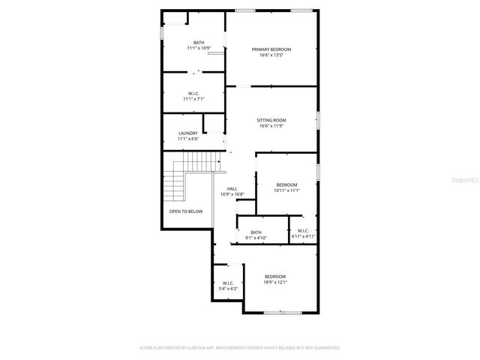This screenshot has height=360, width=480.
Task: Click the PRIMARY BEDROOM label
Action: [271, 49]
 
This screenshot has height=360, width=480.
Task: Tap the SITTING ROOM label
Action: [271, 120]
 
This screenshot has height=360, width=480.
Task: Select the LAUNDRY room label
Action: [187, 133]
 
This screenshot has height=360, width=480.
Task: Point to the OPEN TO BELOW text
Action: [185, 211]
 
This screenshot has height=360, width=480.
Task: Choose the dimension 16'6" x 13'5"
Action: [271, 55]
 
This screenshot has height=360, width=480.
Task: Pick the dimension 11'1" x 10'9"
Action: [199, 48]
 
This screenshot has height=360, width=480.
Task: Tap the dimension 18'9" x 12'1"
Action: [274, 282]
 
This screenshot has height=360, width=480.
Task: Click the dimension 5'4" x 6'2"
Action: [229, 288]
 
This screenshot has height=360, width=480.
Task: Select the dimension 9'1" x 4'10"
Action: [256, 238]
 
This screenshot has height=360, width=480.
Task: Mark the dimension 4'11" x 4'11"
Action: [303, 237]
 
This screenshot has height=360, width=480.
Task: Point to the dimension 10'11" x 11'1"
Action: [286, 190]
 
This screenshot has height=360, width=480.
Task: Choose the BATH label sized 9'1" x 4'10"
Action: [256, 232]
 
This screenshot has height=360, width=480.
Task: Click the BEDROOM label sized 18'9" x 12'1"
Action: [274, 277]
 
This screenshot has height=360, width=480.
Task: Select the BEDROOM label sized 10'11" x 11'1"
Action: [286, 185]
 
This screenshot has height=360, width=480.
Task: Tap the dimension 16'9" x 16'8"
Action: [232, 194]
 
